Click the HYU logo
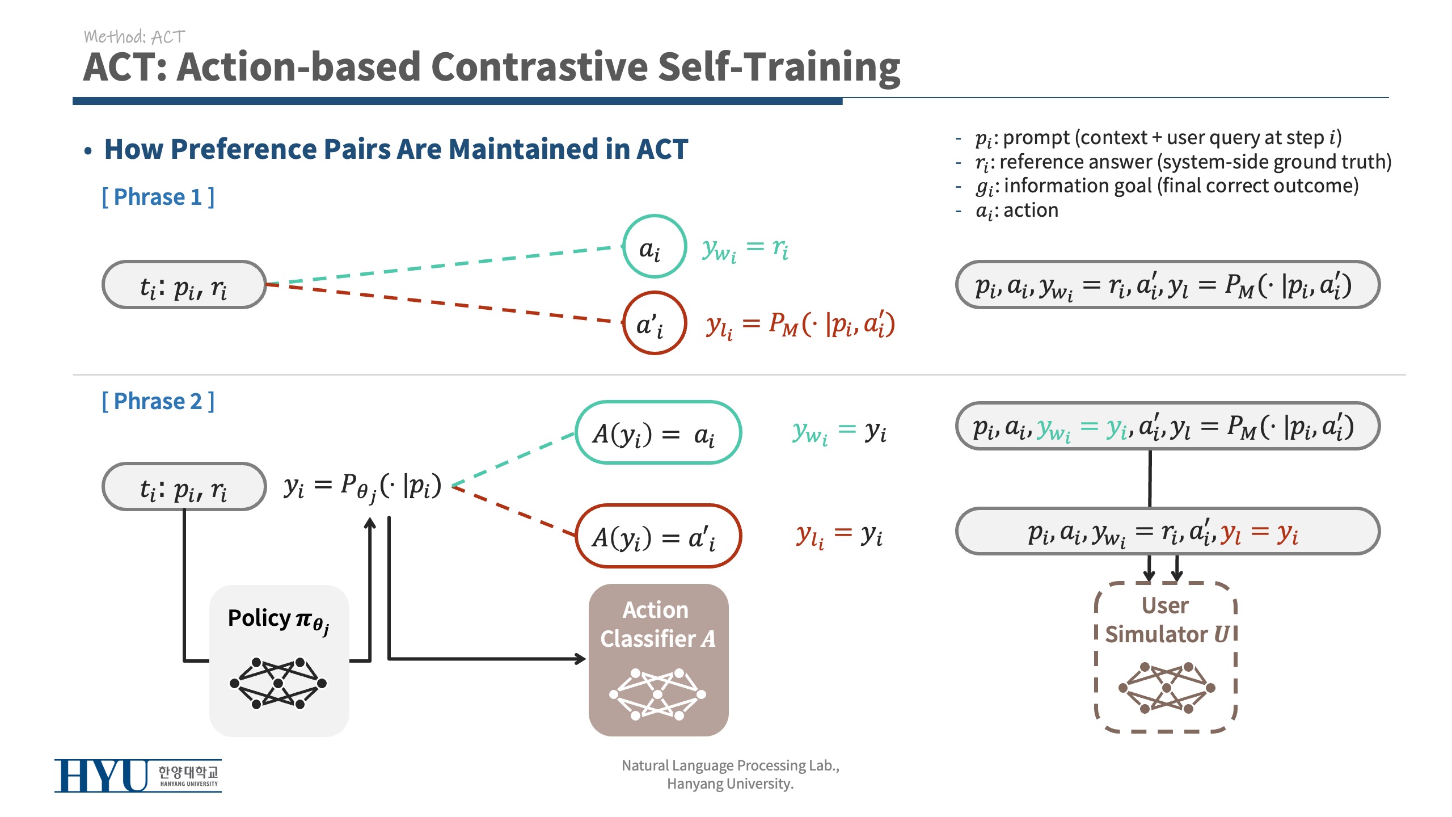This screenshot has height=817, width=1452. [138, 775]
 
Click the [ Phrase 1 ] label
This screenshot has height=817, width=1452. [158, 197]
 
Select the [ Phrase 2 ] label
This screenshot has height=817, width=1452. [158, 401]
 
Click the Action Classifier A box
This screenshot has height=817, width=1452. [659, 660]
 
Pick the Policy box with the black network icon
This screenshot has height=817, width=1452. [279, 661]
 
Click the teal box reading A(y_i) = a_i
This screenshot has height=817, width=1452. [659, 403]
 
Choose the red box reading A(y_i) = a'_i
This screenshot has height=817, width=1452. [659, 506]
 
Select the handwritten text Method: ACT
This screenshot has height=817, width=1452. [134, 37]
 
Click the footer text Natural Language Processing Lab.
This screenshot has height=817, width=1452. [731, 766]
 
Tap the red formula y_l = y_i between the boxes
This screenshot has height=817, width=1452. [839, 534]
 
